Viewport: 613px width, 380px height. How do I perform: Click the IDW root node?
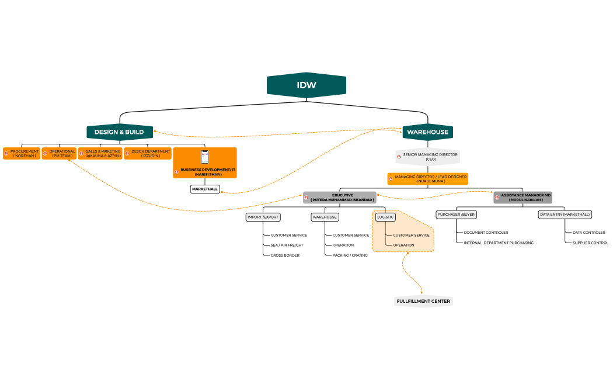point(306,85)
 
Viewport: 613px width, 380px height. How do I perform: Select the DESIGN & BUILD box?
point(120,132)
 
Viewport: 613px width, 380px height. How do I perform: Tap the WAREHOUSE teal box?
point(428,132)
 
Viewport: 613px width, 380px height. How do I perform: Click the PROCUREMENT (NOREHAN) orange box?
point(22,154)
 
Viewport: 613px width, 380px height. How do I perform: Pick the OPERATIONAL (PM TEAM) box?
point(59,154)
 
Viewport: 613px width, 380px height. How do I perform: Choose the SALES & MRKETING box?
point(100,154)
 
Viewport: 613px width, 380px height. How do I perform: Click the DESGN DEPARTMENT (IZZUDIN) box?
point(147,154)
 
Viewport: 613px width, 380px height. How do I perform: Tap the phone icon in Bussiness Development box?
point(205,157)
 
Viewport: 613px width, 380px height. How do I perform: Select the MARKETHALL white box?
point(205,189)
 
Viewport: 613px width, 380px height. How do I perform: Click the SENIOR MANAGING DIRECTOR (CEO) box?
point(427,157)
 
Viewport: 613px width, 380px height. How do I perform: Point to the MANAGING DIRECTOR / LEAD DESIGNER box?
point(428,179)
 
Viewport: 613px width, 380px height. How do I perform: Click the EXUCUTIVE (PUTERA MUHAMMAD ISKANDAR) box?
point(340,198)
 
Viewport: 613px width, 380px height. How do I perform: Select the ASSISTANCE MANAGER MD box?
point(523,198)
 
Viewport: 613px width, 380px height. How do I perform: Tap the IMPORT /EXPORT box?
point(263,217)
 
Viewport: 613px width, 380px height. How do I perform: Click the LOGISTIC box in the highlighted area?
point(385,217)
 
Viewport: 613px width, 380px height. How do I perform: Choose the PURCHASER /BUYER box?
point(456,215)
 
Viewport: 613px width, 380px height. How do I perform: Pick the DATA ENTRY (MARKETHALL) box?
point(565,215)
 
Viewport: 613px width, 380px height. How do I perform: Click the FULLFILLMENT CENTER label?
point(423,302)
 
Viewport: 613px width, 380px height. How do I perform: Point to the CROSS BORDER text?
point(285,255)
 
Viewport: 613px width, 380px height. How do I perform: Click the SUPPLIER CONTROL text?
point(590,243)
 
